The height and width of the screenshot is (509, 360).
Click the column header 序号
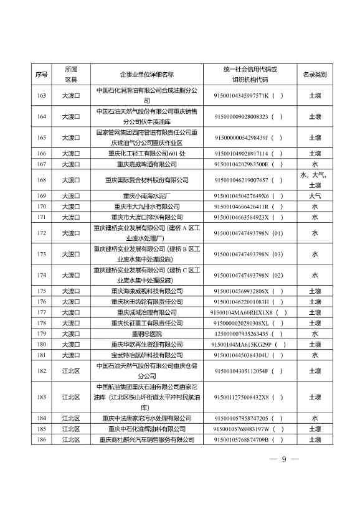pos(42,75)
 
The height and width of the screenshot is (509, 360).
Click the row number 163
pos(42,96)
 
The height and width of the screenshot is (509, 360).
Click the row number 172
pos(42,233)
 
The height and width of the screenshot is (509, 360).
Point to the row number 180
pos(42,344)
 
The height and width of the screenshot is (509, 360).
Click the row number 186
pos(42,439)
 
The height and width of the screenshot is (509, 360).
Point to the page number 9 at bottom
pos(283,459)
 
